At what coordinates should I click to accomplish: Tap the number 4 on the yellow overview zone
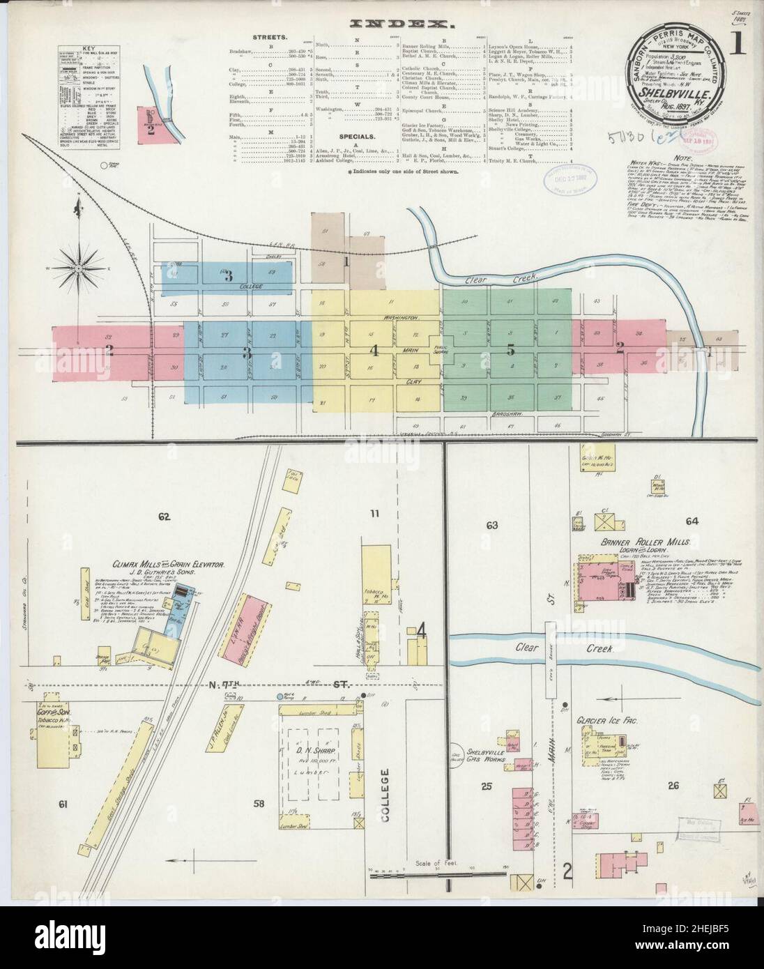[x=374, y=351]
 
